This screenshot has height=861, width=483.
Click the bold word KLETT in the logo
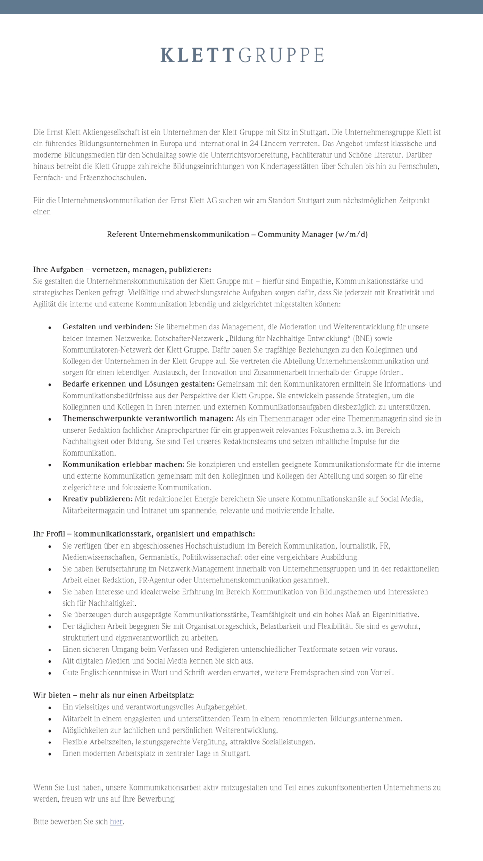pos(197,55)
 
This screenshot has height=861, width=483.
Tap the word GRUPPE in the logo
pos(281,55)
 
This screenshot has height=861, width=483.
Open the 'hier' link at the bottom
pos(116,821)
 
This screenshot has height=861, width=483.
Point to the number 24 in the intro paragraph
pos(254,143)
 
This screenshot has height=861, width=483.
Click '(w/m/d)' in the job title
pos(351,234)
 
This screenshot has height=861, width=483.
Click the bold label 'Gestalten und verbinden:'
pos(108,327)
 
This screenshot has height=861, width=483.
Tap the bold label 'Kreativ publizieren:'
pos(98,498)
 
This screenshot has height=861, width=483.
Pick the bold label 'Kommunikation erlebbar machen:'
pos(124,464)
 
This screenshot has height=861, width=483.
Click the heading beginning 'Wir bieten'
pos(114,695)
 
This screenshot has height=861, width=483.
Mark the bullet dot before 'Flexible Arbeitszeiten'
pos(50,743)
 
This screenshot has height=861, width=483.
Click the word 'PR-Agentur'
pos(157,580)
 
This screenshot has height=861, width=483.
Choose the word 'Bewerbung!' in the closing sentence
pos(157,799)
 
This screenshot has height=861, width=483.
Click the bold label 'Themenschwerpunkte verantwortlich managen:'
pos(148,419)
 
